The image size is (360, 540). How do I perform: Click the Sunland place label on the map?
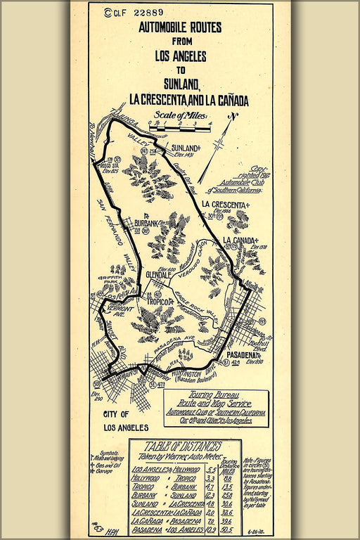click(186, 148)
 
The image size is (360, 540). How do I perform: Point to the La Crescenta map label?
click(226, 205)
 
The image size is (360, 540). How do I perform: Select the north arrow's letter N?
click(235, 116)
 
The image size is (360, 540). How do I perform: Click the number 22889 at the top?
click(148, 12)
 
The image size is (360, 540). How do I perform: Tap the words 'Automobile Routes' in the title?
click(180, 28)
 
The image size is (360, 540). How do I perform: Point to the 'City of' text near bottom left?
click(121, 414)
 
